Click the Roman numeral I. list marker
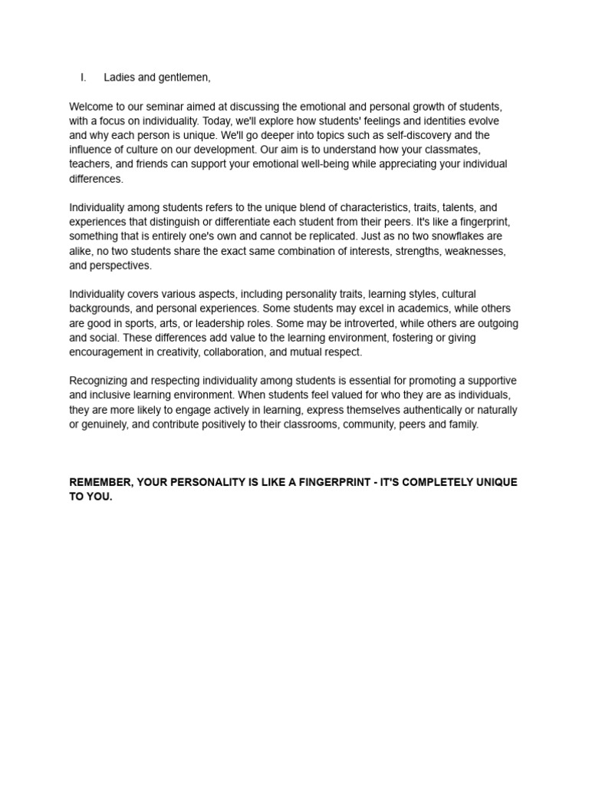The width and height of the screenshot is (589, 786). click(x=83, y=78)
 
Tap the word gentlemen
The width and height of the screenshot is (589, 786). click(x=183, y=78)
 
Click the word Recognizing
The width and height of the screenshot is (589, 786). click(x=102, y=381)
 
